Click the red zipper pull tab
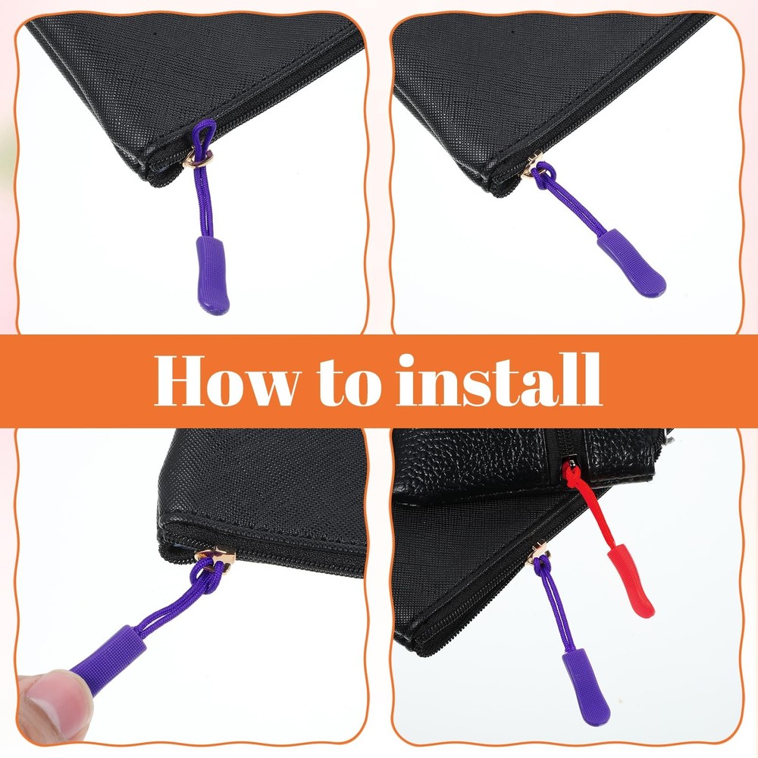click(x=631, y=580)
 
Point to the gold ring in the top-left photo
click(x=198, y=158)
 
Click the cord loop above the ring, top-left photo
click(x=203, y=136)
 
